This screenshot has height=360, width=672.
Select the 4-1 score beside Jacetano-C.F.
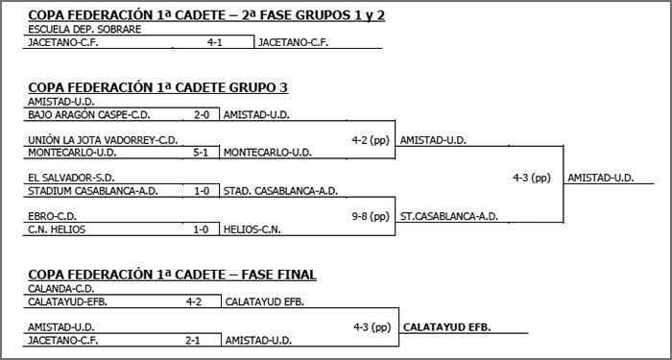coord(215,42)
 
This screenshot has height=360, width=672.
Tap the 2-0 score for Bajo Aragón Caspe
coord(202,115)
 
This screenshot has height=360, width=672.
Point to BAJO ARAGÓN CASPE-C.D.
coord(76,115)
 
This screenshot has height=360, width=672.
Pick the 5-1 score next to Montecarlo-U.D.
coord(202,152)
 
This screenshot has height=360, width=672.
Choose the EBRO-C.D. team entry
coord(53,216)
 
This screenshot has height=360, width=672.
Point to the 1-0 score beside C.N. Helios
coord(202,228)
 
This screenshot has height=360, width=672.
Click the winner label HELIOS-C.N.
coord(252,228)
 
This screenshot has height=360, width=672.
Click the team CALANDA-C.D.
coord(60,289)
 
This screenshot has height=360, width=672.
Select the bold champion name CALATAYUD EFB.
coord(447,327)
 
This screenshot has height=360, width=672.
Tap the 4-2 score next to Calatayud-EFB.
coord(194,301)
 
